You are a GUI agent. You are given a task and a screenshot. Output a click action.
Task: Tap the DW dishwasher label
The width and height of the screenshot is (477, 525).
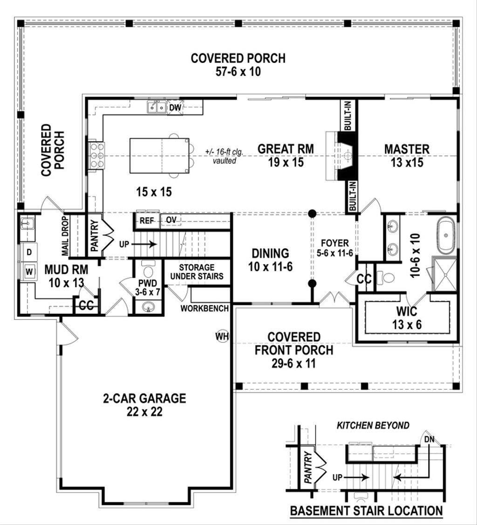175,108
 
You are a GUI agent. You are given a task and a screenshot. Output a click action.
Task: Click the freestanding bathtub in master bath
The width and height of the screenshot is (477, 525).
447,237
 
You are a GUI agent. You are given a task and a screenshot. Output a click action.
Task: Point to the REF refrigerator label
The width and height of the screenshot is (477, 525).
147,221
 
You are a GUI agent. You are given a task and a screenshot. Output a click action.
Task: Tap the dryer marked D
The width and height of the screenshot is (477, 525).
29,252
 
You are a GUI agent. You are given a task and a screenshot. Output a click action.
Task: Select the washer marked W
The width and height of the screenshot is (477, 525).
29,270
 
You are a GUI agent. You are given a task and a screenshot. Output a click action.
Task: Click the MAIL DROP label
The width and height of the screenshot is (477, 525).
65,235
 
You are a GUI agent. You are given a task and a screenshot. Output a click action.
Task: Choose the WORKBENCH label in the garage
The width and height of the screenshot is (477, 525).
204,308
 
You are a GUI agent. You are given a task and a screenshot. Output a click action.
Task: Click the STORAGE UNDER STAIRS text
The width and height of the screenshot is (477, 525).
196,272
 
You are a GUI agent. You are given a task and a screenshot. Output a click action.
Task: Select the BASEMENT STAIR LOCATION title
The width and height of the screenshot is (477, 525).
366,511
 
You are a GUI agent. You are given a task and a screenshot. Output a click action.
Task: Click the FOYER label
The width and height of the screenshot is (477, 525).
334,242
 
